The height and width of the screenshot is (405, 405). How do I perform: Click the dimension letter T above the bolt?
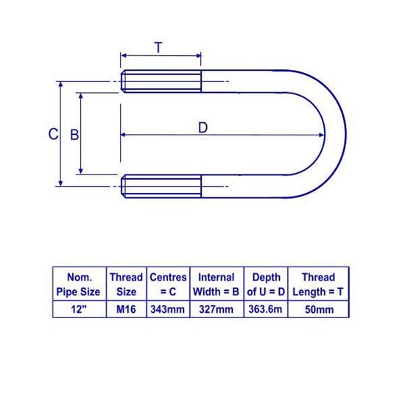pyautogui.click(x=159, y=48)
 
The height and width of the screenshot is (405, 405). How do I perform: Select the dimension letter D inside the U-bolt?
pyautogui.click(x=203, y=127)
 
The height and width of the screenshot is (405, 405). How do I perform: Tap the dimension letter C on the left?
pyautogui.click(x=52, y=134)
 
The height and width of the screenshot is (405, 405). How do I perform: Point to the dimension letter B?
pyautogui.click(x=74, y=135)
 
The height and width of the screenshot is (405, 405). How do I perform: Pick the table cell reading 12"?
pyautogui.click(x=80, y=309)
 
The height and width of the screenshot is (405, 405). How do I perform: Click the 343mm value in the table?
pyautogui.click(x=168, y=309)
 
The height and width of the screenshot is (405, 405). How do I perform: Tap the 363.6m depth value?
pyautogui.click(x=265, y=309)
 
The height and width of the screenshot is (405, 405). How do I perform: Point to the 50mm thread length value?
pyautogui.click(x=318, y=309)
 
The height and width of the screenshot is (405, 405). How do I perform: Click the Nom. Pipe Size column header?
pyautogui.click(x=80, y=284)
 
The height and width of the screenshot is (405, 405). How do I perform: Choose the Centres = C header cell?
pyautogui.click(x=168, y=284)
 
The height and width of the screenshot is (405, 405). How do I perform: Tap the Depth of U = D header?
pyautogui.click(x=265, y=284)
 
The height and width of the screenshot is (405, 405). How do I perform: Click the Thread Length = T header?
pyautogui.click(x=318, y=284)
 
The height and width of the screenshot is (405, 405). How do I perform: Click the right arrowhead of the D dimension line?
pyautogui.click(x=321, y=135)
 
